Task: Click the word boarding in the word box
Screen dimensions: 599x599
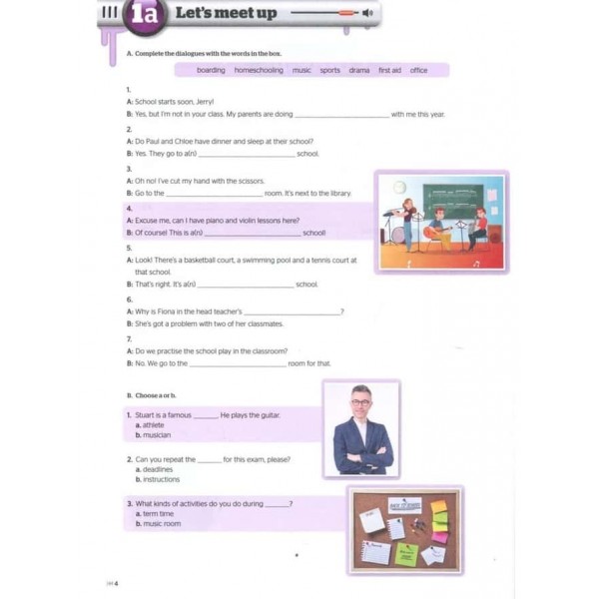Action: tap(211, 71)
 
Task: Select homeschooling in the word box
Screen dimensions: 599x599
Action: tap(259, 71)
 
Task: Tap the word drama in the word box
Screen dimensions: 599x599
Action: tap(358, 71)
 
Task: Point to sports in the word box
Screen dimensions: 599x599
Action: tap(329, 71)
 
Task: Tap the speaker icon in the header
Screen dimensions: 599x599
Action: tap(368, 14)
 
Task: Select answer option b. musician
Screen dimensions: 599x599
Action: tap(154, 435)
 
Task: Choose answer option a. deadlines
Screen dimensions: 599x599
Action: tap(155, 469)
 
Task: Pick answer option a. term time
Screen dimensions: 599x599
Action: tap(156, 513)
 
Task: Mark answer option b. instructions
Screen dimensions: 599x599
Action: tap(158, 479)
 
